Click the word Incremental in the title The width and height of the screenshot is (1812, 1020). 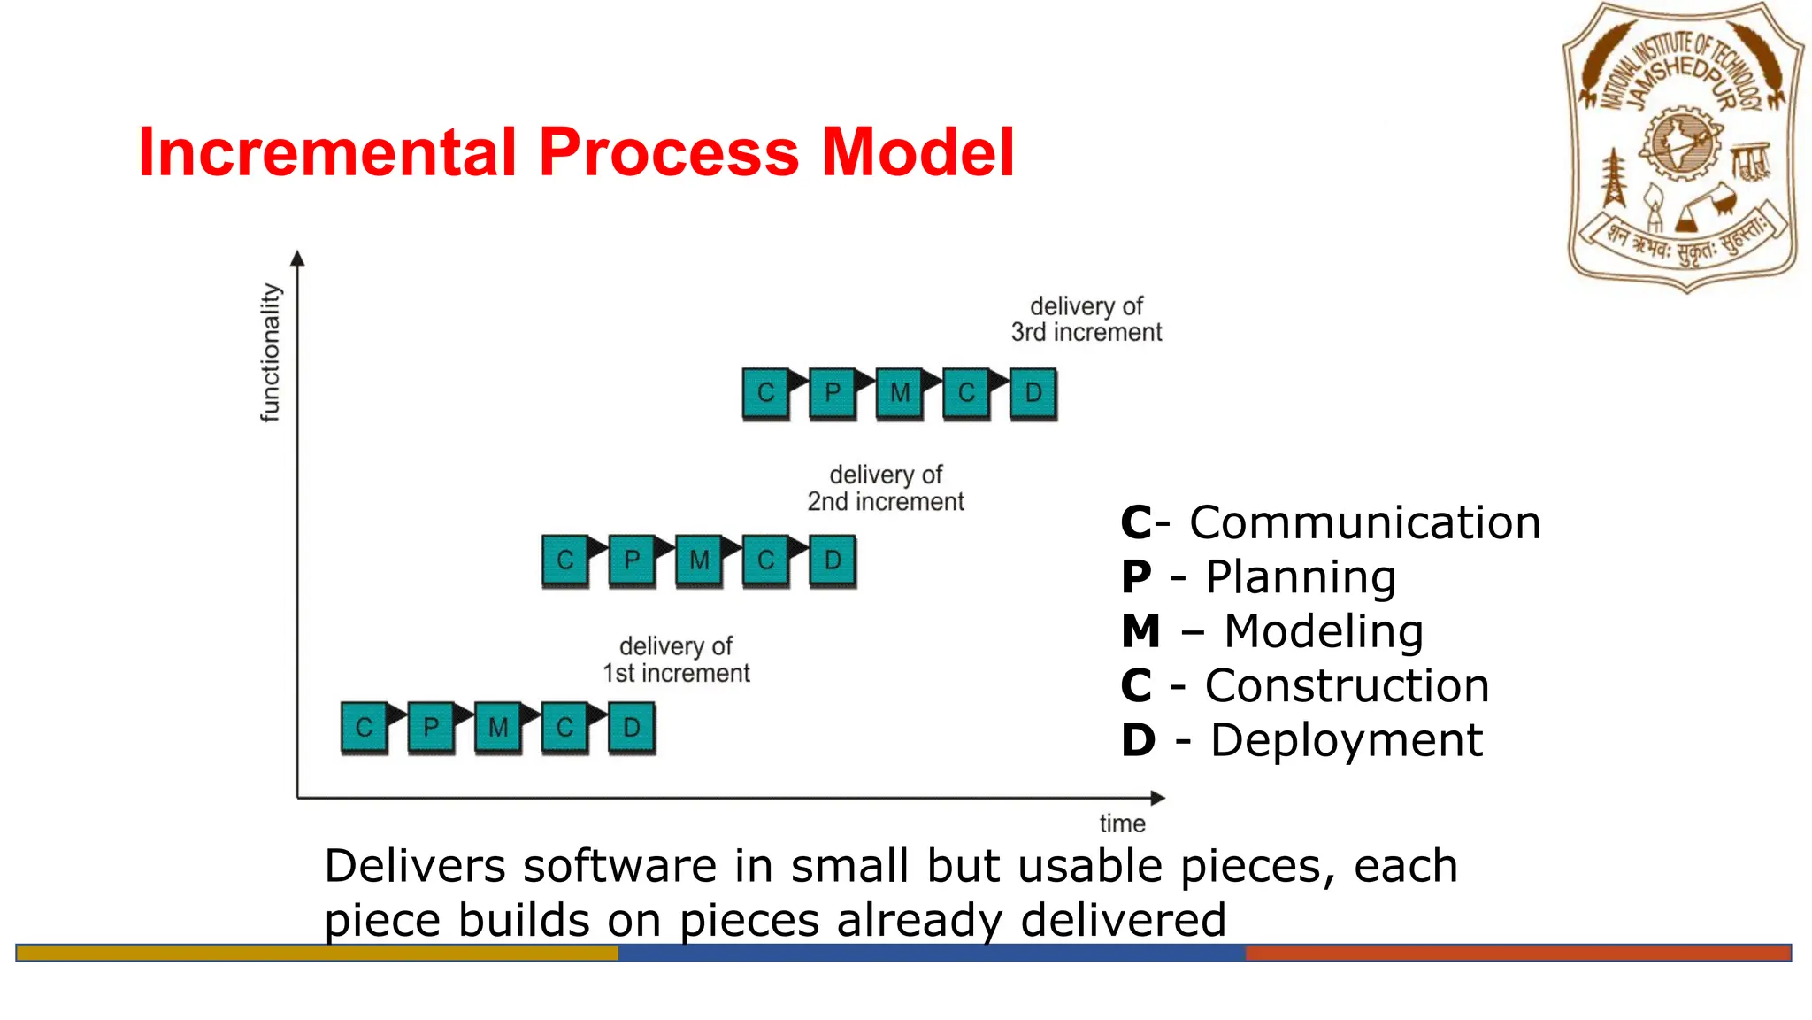(x=327, y=152)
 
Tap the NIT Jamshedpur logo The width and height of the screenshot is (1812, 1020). (x=1683, y=148)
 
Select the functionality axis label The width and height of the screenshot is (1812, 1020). (x=270, y=352)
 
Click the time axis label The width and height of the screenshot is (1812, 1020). (x=1122, y=823)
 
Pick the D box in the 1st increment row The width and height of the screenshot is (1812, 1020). (x=631, y=727)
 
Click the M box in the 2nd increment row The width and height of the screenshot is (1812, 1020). (x=699, y=560)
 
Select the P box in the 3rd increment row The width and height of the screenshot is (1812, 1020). (x=833, y=392)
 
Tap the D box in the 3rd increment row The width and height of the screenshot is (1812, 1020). (x=1033, y=392)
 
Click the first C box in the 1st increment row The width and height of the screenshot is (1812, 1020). (x=364, y=727)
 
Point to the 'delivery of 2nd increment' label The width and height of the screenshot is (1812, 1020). (x=885, y=488)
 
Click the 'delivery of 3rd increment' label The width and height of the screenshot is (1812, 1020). (x=1086, y=319)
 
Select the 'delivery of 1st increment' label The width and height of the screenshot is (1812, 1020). (x=676, y=660)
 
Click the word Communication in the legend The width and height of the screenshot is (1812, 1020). (x=1364, y=522)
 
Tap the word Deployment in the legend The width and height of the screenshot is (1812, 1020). (x=1346, y=740)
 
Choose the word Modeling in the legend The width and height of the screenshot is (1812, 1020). (x=1324, y=631)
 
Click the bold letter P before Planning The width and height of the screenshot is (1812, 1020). (x=1136, y=577)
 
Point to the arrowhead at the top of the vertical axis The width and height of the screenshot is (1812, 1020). (x=297, y=258)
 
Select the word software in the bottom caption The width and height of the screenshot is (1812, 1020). (x=619, y=865)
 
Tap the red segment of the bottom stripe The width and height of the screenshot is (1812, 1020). (x=1517, y=953)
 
